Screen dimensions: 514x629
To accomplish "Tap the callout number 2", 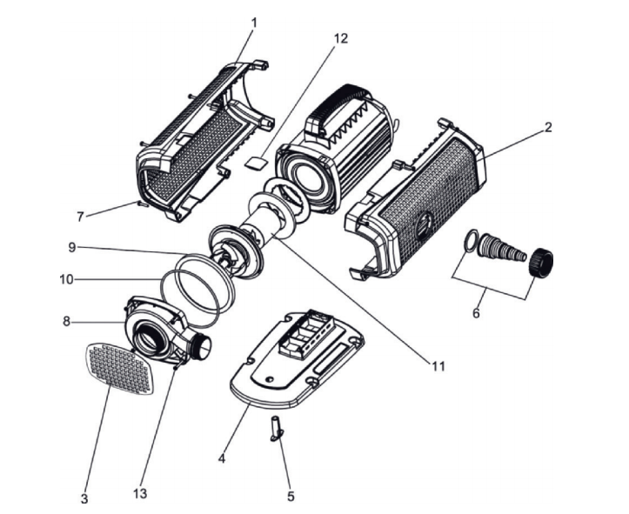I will click(548, 127).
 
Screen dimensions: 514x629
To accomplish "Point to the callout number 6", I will click(476, 313).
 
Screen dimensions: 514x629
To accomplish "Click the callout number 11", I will click(437, 366).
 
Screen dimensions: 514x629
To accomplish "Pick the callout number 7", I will click(80, 215).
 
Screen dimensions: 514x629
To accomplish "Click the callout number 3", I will click(84, 499).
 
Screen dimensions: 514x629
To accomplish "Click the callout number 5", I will click(291, 497).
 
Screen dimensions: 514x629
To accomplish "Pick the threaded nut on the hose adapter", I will click(542, 260).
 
